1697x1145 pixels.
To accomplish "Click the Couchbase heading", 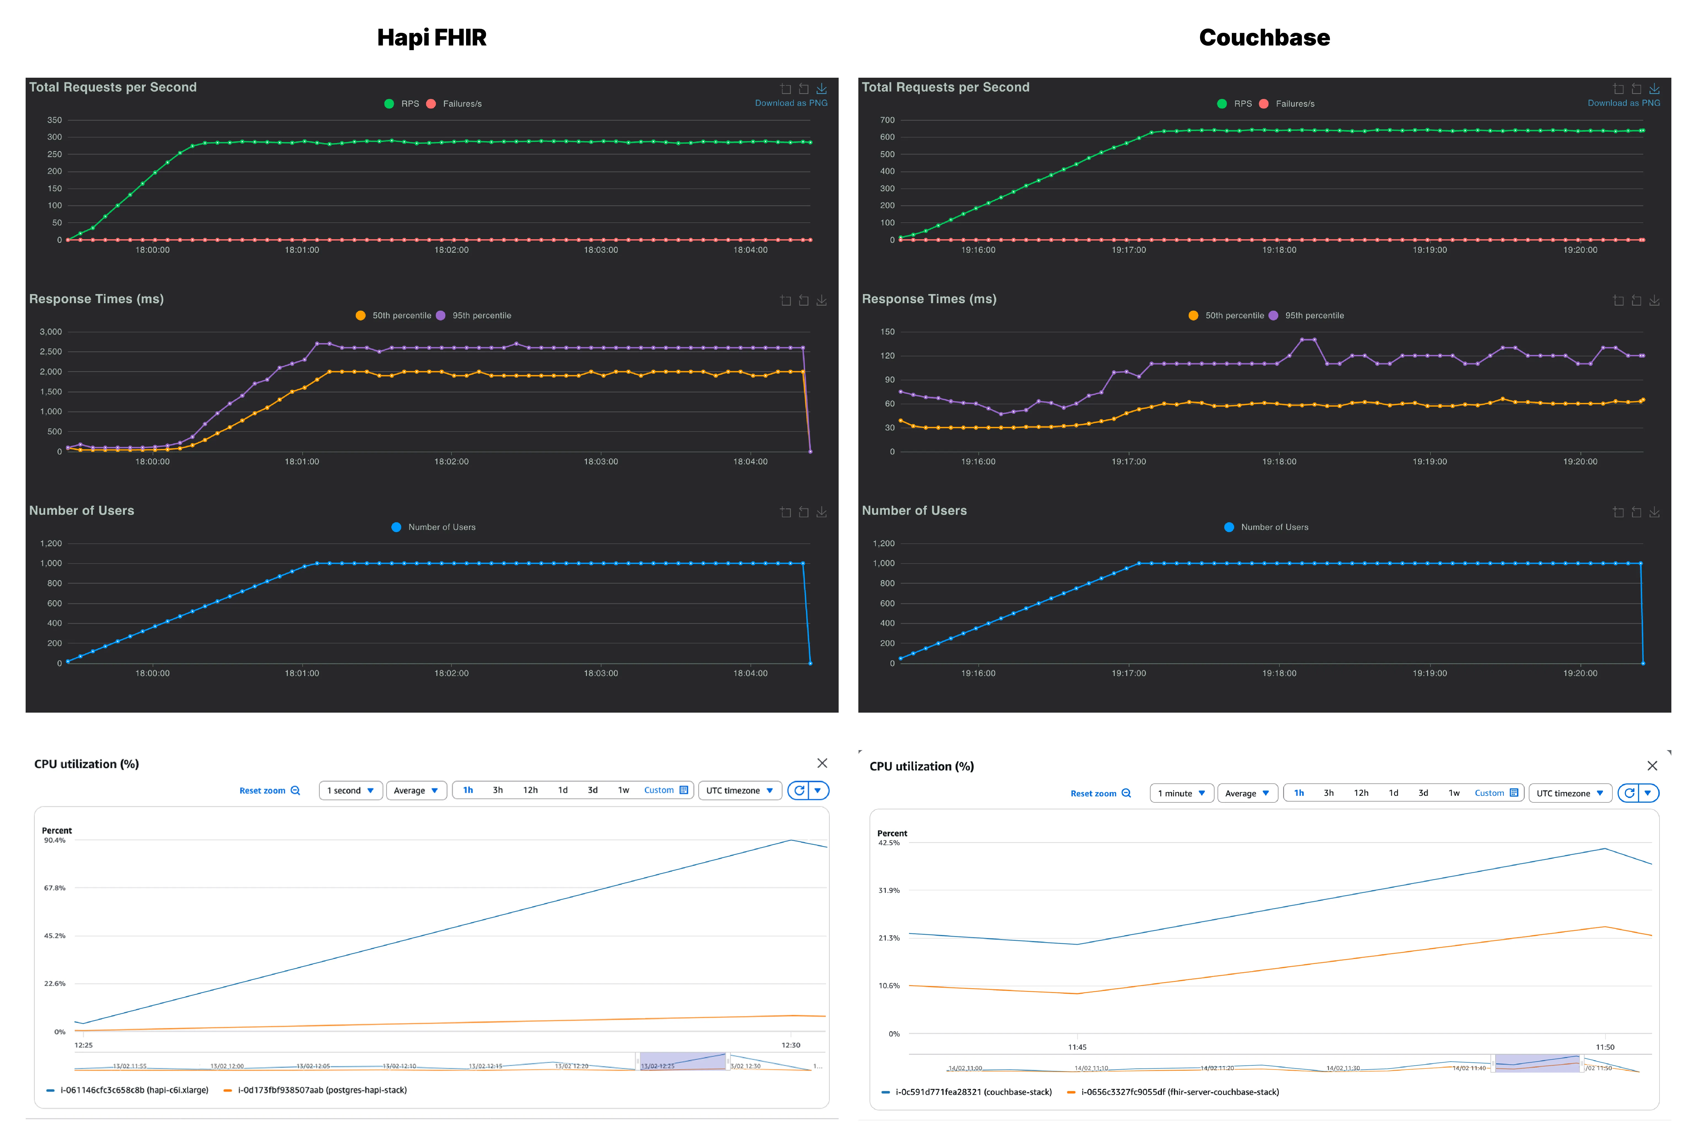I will point(1264,37).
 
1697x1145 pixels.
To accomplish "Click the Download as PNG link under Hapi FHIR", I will point(791,103).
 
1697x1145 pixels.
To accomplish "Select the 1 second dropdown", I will point(351,790).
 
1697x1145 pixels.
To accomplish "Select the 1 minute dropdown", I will point(1181,793).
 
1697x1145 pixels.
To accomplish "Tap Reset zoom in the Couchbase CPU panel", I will point(1100,793).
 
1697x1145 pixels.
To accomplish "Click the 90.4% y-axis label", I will point(55,840).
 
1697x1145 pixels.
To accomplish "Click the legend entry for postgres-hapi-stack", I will point(321,1090).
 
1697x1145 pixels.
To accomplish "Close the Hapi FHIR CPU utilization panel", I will point(822,763).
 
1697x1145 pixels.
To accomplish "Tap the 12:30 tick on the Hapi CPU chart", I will point(791,1045).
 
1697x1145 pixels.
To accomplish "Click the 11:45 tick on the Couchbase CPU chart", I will point(1077,1047).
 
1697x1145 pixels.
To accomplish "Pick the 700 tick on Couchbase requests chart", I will point(887,120).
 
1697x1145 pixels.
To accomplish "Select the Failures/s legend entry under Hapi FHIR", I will point(461,104).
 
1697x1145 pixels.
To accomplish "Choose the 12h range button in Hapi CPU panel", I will point(530,790).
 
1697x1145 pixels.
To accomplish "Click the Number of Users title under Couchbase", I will point(914,510).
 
